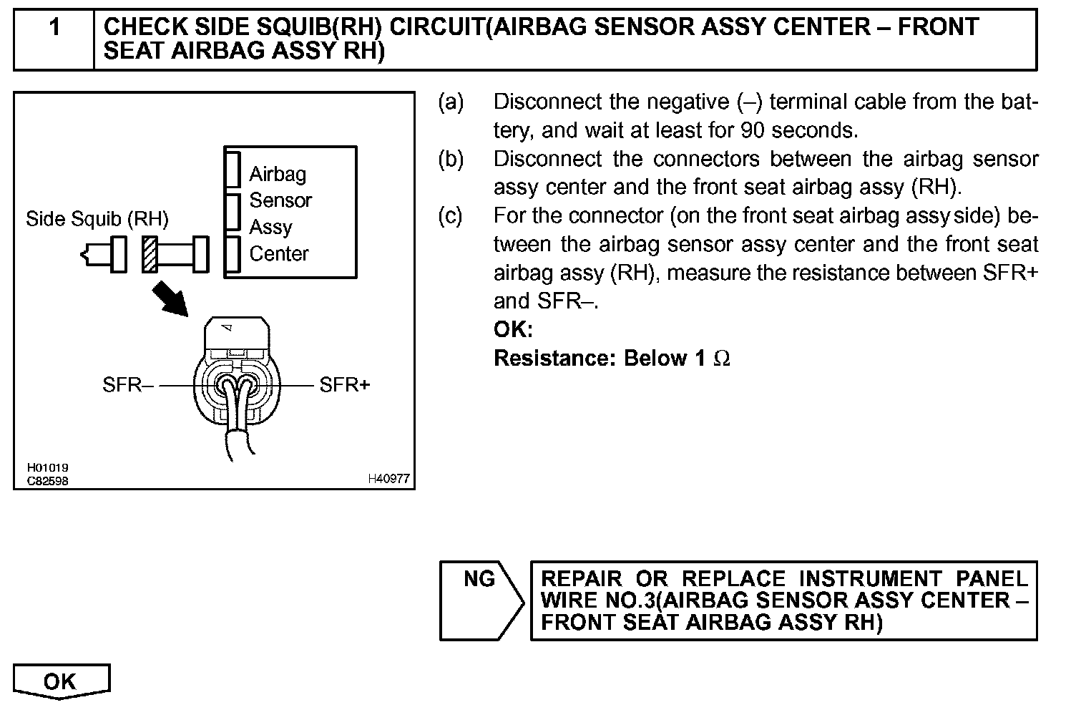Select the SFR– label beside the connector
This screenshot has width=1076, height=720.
[127, 385]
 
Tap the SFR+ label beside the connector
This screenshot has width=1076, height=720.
[345, 385]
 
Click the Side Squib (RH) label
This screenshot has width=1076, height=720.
[97, 218]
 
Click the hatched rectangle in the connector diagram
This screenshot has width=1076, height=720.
[150, 254]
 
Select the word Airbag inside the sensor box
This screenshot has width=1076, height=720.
[278, 174]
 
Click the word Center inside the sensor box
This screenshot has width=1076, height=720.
[279, 253]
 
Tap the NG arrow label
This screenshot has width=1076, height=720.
[479, 578]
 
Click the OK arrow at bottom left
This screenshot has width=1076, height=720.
[60, 681]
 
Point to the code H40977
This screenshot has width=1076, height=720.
[388, 479]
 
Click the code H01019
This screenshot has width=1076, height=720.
[48, 468]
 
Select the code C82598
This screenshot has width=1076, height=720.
[48, 481]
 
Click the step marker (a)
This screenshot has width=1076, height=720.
[451, 102]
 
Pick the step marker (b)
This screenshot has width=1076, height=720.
[451, 159]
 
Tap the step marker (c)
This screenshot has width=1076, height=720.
[451, 215]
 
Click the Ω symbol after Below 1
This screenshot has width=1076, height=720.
[722, 358]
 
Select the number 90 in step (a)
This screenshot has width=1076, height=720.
[755, 130]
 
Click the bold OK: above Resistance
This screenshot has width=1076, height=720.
[513, 329]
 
